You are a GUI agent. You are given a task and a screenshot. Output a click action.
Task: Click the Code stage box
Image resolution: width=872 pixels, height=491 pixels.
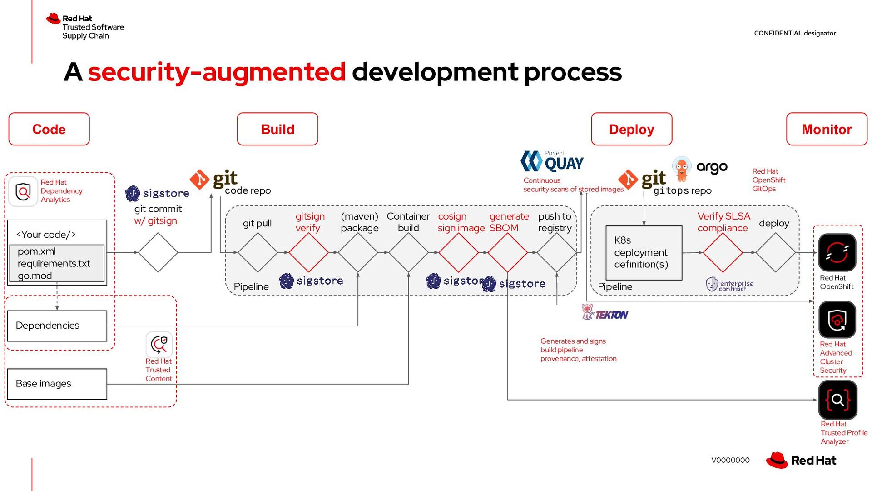click(x=49, y=129)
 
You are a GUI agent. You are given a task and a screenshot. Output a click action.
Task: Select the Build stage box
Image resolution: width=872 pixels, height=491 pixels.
click(x=277, y=129)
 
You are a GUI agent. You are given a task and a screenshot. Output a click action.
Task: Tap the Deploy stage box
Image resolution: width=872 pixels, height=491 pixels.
click(x=631, y=129)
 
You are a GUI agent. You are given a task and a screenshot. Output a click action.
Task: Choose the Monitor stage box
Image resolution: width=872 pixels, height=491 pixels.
click(x=827, y=129)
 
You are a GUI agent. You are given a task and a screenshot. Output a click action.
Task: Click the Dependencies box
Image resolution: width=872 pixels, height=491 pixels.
click(x=57, y=326)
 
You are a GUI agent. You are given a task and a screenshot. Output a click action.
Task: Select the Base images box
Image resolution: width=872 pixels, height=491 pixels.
click(x=57, y=384)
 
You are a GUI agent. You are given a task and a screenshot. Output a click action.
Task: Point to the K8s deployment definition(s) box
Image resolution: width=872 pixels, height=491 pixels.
click(x=644, y=252)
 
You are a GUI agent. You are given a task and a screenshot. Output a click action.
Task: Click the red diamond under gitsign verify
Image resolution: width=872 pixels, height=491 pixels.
click(x=308, y=252)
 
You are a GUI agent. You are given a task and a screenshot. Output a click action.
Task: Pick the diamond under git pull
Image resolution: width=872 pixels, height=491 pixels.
click(x=258, y=252)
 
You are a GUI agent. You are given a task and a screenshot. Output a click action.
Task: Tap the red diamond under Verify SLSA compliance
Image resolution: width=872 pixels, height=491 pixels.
click(x=723, y=252)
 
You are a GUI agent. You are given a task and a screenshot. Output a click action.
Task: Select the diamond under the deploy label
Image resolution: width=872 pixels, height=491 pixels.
click(x=775, y=252)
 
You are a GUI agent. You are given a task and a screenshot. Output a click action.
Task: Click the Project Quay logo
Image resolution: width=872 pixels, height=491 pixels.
click(x=552, y=161)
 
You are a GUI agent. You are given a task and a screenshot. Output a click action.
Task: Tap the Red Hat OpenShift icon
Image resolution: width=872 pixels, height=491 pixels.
click(x=837, y=252)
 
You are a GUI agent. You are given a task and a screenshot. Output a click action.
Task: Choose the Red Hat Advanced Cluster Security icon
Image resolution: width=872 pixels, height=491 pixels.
click(x=837, y=320)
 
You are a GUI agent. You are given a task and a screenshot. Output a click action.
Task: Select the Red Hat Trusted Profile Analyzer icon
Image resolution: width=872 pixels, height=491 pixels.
click(x=837, y=400)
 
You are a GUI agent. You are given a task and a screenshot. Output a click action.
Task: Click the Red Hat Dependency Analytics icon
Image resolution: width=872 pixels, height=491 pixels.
click(x=23, y=191)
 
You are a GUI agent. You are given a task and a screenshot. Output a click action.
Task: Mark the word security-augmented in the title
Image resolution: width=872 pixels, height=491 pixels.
click(x=217, y=72)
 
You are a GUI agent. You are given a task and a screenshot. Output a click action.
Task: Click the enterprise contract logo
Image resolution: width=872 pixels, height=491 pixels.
click(x=729, y=285)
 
